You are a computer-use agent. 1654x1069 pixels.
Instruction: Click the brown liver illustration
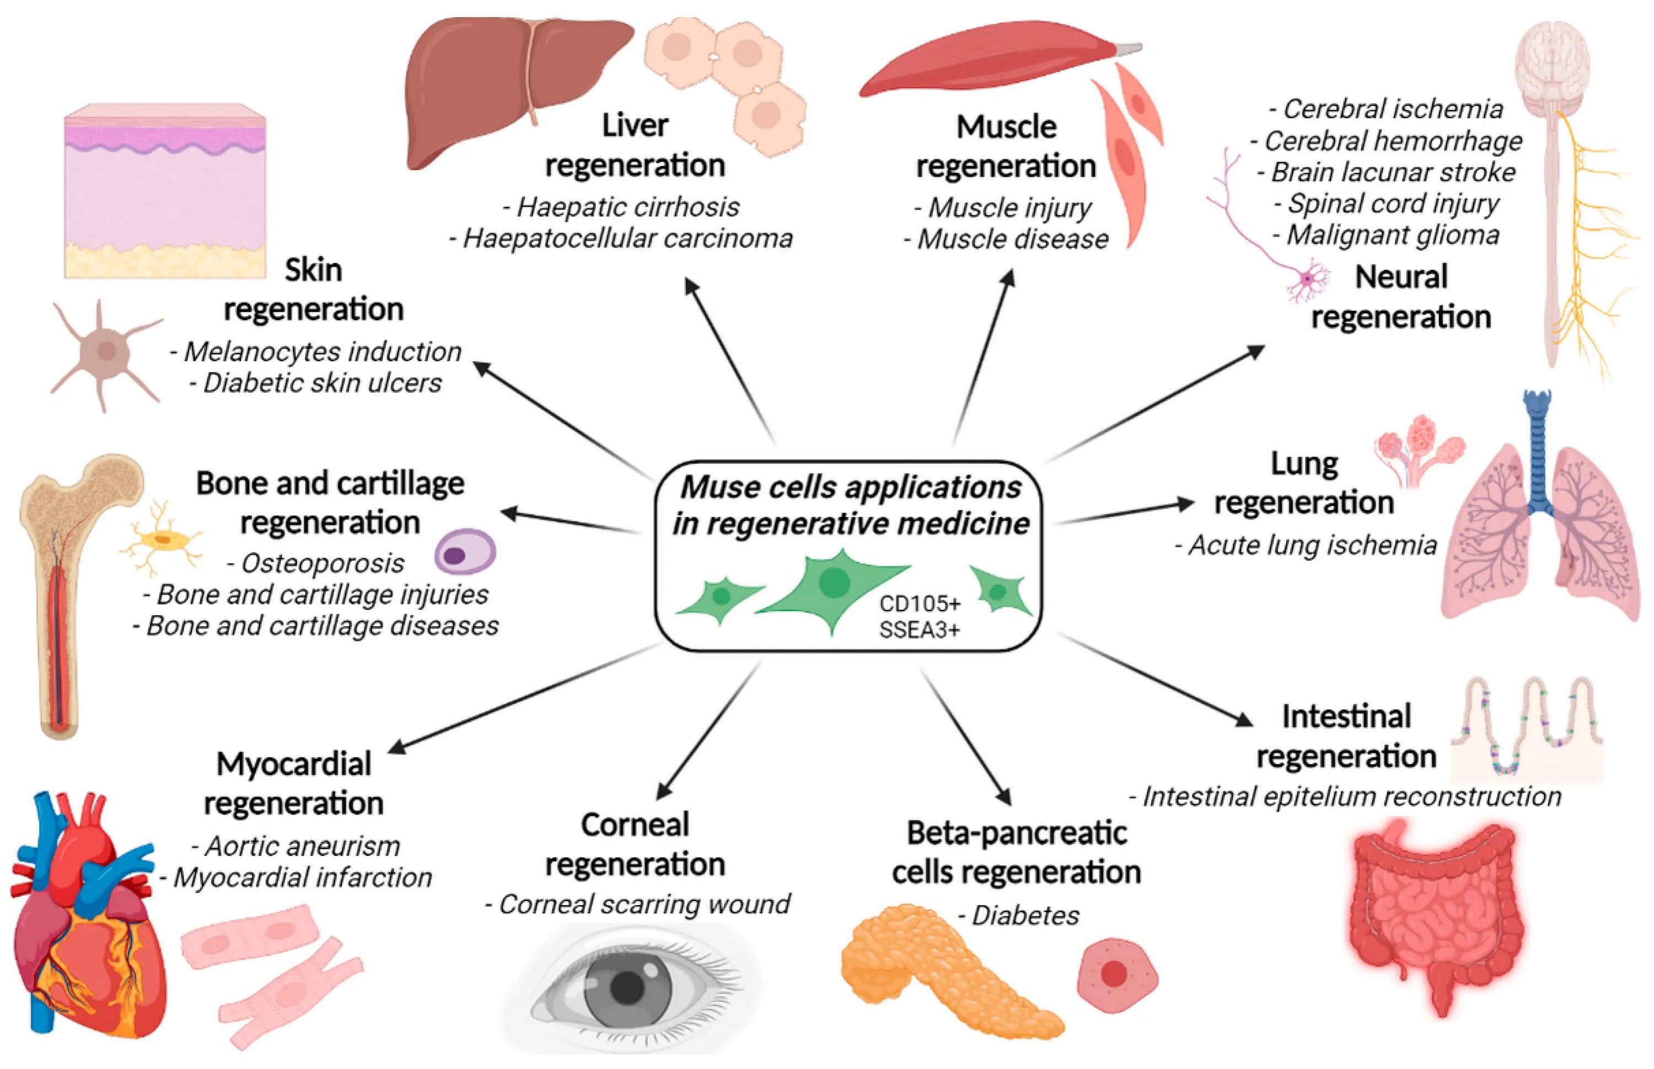click(486, 83)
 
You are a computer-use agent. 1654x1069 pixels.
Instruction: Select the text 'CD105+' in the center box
click(919, 603)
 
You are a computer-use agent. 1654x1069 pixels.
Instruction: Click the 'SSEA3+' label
click(919, 629)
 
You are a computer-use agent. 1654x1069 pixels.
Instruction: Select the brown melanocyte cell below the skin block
click(104, 352)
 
